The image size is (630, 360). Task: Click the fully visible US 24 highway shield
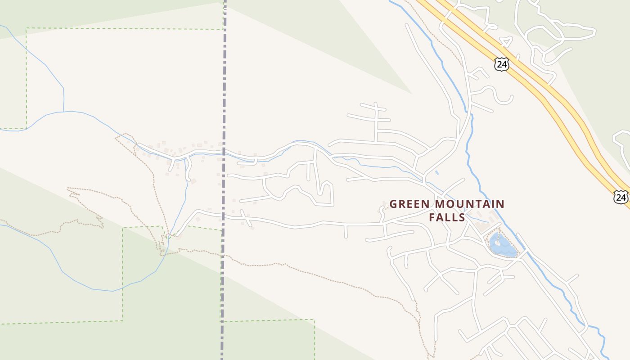point(501,64)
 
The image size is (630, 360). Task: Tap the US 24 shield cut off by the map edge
point(621,197)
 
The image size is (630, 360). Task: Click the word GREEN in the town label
point(409,204)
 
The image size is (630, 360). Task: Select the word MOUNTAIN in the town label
point(469,204)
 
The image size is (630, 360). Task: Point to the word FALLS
point(446,217)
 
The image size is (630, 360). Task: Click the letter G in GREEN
point(393,204)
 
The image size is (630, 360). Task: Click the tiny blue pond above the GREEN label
point(437,172)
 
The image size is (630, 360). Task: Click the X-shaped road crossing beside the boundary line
point(245,218)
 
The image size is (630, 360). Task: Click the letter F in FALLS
point(432,217)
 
